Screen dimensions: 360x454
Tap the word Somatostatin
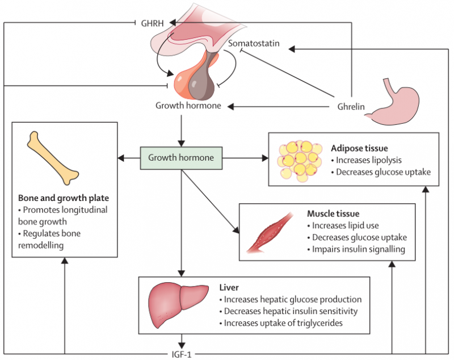coord(254,43)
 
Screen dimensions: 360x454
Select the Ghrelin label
coord(347,106)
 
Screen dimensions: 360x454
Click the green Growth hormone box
coord(181,157)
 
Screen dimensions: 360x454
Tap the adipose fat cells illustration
coord(300,160)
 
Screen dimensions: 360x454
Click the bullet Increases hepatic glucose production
coord(290,299)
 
